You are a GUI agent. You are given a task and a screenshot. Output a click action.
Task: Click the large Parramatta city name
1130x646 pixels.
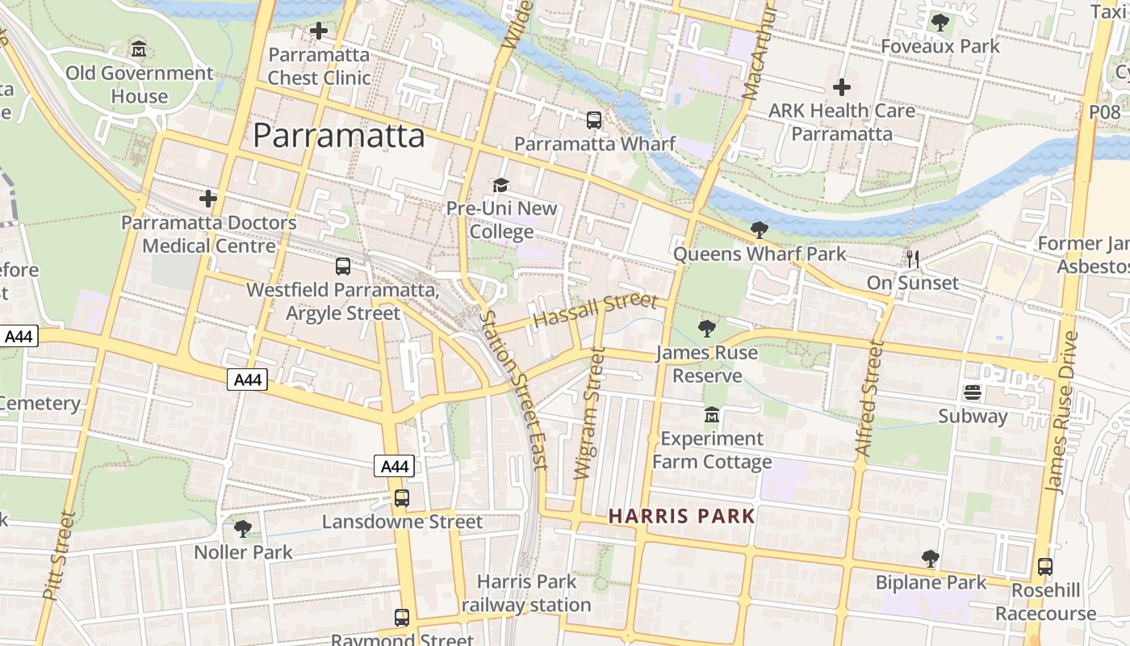(x=339, y=136)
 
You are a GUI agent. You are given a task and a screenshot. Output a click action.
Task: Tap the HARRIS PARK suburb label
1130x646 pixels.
(x=682, y=516)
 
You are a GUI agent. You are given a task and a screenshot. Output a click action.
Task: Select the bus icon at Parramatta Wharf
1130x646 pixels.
(x=594, y=120)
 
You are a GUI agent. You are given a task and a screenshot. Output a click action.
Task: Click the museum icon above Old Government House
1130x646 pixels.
(x=139, y=48)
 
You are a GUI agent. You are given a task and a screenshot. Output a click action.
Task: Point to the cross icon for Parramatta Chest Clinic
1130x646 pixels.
(x=319, y=31)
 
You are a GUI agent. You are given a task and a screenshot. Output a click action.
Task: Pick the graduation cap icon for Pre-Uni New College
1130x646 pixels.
(x=501, y=185)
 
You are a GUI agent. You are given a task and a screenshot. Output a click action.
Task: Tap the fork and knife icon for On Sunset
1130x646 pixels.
(x=913, y=259)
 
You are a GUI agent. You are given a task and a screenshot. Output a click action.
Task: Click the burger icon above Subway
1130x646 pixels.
(x=973, y=392)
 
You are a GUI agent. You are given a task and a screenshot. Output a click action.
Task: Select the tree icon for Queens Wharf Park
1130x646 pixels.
(x=760, y=230)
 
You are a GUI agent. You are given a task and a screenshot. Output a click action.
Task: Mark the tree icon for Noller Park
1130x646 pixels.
(x=243, y=529)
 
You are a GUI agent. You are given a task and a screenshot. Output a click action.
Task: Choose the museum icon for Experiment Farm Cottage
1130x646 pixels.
(x=712, y=415)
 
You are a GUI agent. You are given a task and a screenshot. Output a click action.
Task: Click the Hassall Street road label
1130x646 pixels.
(x=596, y=311)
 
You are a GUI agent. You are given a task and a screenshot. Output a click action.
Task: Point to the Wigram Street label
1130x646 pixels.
(x=588, y=413)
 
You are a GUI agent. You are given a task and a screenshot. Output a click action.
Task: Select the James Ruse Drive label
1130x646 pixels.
(x=1061, y=412)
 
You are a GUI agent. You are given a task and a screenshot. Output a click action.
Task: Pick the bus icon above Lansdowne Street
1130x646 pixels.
(x=402, y=498)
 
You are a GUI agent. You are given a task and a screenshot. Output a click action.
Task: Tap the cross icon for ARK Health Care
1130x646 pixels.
(x=842, y=87)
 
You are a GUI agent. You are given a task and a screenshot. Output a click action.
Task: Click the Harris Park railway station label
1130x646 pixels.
(x=526, y=594)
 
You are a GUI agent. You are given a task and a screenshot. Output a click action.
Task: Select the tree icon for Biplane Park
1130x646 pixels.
(x=931, y=559)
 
